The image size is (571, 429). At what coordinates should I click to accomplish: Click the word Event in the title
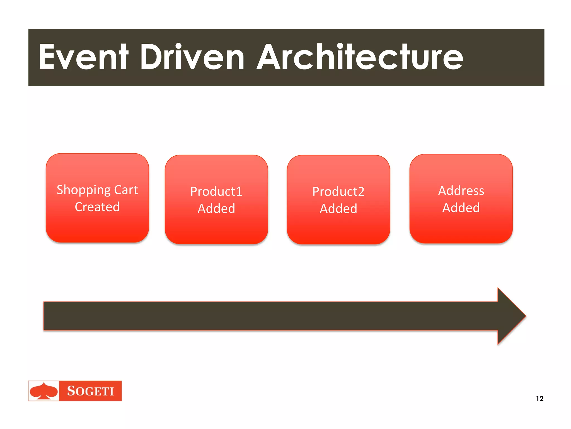84,57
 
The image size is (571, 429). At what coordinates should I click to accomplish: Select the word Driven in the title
192,57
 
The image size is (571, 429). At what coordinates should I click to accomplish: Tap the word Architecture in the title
360,57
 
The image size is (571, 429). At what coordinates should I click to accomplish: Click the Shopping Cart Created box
97,226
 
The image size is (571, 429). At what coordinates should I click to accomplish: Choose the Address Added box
461,227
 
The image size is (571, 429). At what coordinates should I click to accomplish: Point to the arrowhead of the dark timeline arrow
512,316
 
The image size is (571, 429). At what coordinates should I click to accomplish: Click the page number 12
539,399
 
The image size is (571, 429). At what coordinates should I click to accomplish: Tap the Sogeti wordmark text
90,391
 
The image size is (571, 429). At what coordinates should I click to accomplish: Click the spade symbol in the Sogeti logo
44,391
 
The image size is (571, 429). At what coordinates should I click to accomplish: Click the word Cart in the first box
126,190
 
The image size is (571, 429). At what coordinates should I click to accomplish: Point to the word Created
97,207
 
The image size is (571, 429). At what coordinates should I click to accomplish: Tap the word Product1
216,192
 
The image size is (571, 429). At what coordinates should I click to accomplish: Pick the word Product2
338,192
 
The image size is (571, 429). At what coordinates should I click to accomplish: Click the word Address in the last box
461,191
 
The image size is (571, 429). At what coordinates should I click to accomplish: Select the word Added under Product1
216,209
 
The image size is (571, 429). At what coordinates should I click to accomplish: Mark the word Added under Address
461,208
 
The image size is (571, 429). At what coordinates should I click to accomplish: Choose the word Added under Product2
338,209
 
